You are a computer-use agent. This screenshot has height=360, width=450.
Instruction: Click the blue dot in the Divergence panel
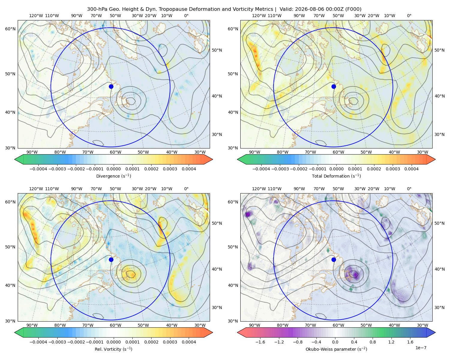click(x=111, y=86)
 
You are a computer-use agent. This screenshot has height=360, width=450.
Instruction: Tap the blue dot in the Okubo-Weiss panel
click(x=334, y=259)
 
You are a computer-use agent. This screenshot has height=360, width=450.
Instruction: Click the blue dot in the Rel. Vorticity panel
click(x=111, y=259)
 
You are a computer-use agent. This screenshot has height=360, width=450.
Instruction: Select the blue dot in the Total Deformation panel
click(x=334, y=86)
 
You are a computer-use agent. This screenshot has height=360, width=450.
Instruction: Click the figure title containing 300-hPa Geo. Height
click(x=224, y=9)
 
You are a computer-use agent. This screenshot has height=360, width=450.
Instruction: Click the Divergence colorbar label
click(x=113, y=176)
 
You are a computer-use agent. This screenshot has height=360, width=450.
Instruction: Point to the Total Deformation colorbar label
click(x=336, y=176)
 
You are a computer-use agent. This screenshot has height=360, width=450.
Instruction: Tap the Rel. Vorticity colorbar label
click(x=113, y=349)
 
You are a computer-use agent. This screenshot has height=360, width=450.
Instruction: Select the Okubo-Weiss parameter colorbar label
click(x=336, y=349)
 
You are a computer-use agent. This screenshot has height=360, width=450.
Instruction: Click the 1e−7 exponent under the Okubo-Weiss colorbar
click(x=421, y=348)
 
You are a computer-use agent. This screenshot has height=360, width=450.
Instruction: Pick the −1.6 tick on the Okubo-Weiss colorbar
click(x=260, y=342)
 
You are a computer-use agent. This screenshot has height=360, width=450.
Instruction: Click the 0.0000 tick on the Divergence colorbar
click(x=113, y=169)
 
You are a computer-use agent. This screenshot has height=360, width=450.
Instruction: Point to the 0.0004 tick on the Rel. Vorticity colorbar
click(x=189, y=342)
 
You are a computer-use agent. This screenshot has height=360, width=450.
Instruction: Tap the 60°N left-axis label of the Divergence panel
click(x=10, y=29)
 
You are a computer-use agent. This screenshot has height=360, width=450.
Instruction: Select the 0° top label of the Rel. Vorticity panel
click(x=186, y=189)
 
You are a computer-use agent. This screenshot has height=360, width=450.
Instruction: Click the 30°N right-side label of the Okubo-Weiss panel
click(x=439, y=307)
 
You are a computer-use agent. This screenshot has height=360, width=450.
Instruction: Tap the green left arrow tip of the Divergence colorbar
click(x=15, y=159)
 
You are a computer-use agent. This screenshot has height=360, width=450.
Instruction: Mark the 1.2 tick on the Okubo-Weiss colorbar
click(x=391, y=342)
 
